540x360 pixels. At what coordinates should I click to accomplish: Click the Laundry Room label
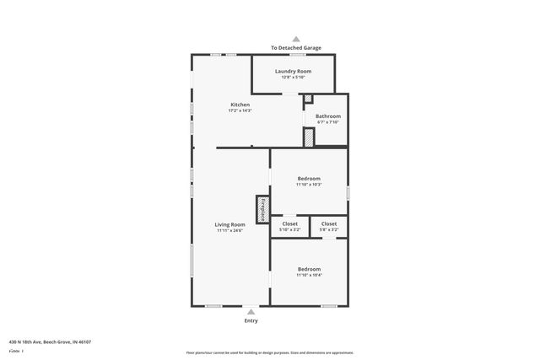coord(293,71)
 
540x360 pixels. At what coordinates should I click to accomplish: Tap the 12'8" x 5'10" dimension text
coord(293,78)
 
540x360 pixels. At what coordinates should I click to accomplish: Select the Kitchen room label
coord(240,105)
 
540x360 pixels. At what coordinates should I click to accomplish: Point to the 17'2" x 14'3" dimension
coord(240,111)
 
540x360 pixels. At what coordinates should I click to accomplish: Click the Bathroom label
coord(328,116)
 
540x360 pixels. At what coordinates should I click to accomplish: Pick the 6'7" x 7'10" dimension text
coord(328,122)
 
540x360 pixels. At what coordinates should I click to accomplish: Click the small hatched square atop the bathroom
coord(308,99)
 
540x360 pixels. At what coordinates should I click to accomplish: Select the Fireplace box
coord(262,209)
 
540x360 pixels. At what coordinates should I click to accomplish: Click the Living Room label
coord(229,223)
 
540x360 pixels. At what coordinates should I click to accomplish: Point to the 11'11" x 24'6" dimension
coord(229,230)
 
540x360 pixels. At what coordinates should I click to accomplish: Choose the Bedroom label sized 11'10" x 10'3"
coord(309,178)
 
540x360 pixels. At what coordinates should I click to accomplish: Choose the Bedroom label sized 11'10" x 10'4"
coord(309,269)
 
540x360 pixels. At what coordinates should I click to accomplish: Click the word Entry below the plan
coord(251,320)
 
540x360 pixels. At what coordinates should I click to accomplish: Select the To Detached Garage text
coord(295,48)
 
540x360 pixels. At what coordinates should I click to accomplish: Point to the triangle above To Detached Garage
coord(295,39)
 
